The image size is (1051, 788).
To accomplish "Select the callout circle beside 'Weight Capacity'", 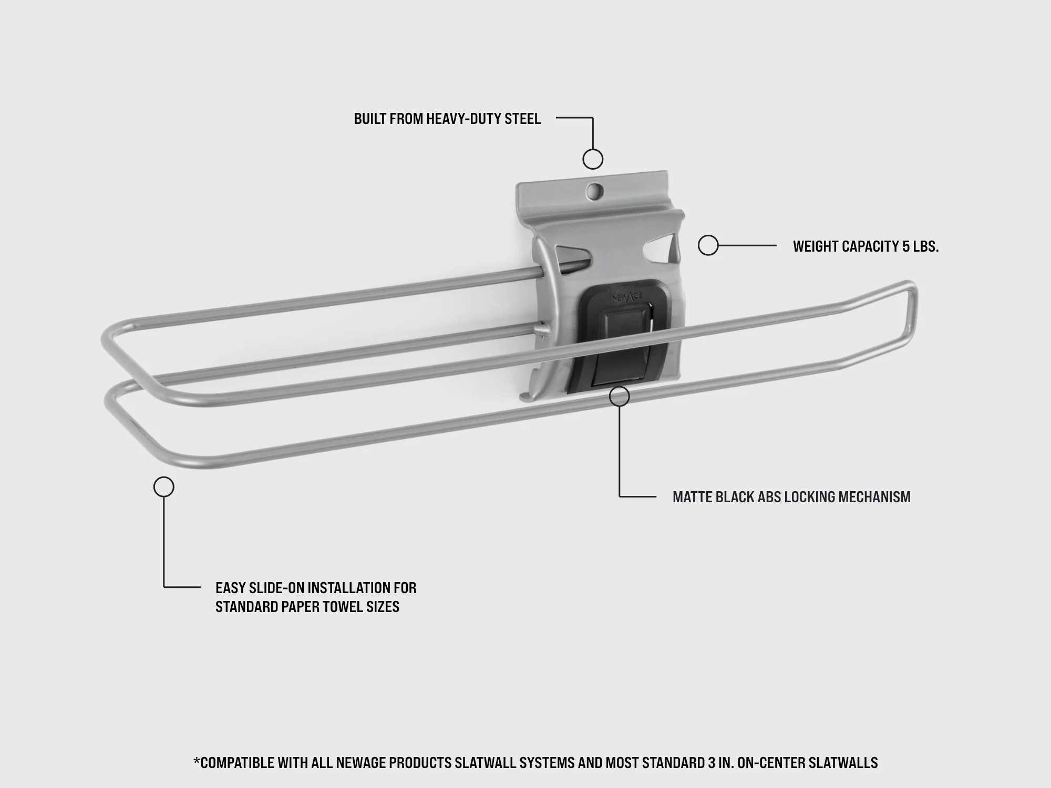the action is pyautogui.click(x=708, y=245).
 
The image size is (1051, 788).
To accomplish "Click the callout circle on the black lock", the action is pyautogui.click(x=620, y=397).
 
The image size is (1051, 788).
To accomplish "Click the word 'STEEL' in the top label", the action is pyautogui.click(x=522, y=119).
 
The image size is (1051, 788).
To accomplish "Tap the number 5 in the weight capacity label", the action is pyautogui.click(x=906, y=246).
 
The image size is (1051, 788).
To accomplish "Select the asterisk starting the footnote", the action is pyautogui.click(x=197, y=760).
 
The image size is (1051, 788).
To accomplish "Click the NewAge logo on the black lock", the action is pyautogui.click(x=626, y=298).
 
